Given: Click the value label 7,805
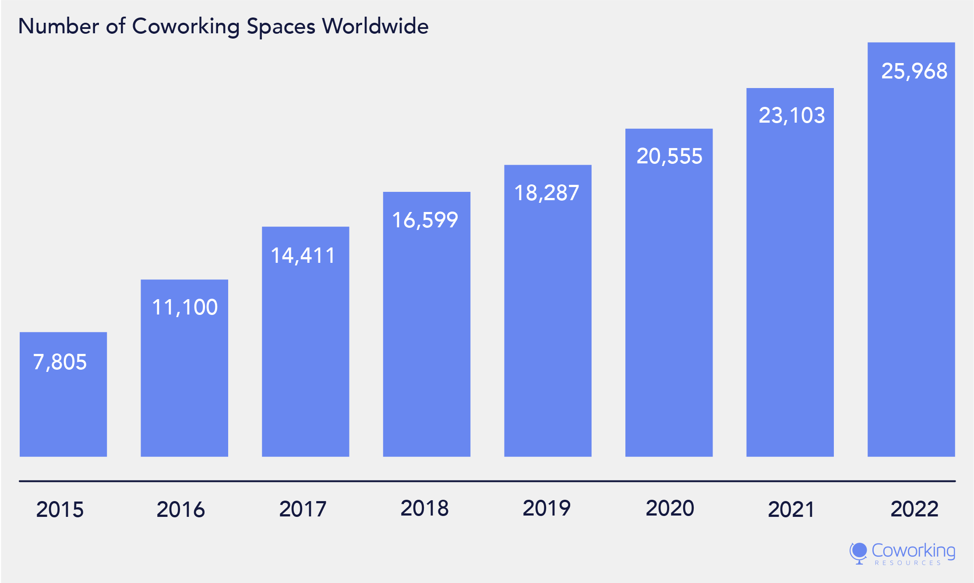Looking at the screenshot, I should [60, 362].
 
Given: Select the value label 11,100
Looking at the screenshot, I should [185, 307].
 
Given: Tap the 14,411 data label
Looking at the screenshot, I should [303, 255].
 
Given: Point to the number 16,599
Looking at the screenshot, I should [425, 220].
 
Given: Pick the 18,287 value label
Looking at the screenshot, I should [547, 193].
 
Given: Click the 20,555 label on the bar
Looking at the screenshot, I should [669, 156].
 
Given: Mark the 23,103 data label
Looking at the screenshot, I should [792, 116].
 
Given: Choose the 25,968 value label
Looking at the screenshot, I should [914, 71].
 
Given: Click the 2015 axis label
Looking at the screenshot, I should [60, 509].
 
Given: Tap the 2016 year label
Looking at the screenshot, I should [181, 509].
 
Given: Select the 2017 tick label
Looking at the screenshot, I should [303, 509].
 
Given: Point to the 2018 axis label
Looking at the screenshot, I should [424, 508].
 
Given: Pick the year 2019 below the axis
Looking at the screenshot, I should [547, 508].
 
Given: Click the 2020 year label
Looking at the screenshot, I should [670, 508].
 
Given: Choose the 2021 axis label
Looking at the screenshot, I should [791, 509].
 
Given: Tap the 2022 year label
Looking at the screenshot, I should [914, 509].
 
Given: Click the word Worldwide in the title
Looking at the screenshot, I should [375, 26].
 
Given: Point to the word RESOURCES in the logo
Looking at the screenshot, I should [908, 563].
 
